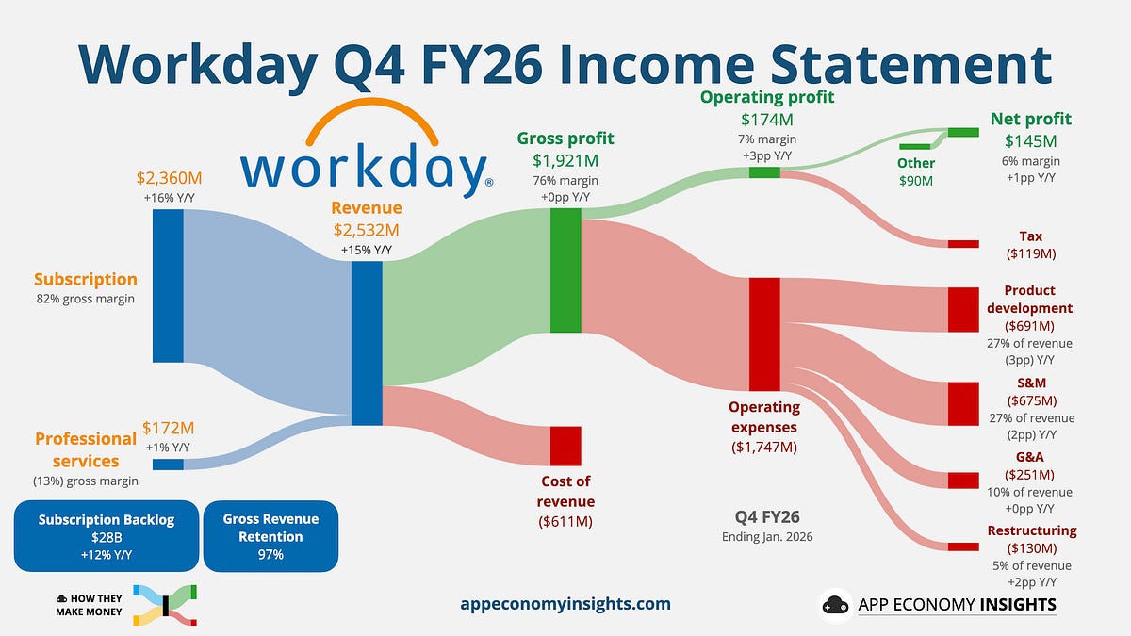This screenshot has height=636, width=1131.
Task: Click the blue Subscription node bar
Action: tap(168, 285)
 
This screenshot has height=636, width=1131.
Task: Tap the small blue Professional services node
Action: tap(168, 464)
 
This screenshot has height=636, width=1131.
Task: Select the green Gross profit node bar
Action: tap(565, 270)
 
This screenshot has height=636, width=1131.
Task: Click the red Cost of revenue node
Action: tap(565, 446)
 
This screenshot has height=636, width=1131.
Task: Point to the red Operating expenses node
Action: tap(764, 334)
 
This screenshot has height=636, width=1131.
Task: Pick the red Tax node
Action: tap(963, 244)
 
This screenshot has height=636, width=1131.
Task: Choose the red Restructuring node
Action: tap(963, 546)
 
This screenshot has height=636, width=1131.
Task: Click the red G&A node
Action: tap(963, 481)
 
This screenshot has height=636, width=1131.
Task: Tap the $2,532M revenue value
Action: tap(367, 229)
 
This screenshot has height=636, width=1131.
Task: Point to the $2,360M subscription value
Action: tap(169, 177)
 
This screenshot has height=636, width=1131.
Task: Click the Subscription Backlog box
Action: tap(107, 536)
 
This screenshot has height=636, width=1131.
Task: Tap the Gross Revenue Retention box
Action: tap(270, 536)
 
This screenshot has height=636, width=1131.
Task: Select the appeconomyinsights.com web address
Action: tap(565, 604)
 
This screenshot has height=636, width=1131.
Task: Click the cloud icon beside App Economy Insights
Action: tap(836, 605)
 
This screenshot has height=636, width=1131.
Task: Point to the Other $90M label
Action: tap(915, 171)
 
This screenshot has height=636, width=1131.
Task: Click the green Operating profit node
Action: tap(764, 171)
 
